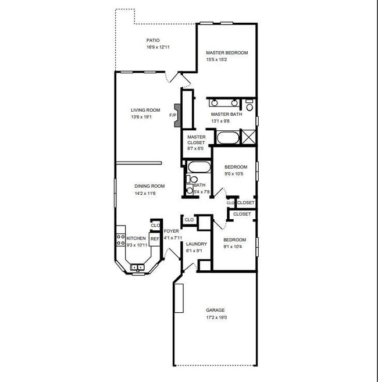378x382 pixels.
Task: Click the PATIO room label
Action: pyautogui.click(x=153, y=41)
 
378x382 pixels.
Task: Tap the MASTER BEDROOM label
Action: pyautogui.click(x=227, y=53)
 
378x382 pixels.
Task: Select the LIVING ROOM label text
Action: pyautogui.click(x=145, y=110)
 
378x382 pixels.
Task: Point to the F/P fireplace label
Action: pyautogui.click(x=173, y=116)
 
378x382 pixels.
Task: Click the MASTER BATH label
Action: pyautogui.click(x=222, y=115)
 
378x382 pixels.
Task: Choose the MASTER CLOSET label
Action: pyautogui.click(x=196, y=140)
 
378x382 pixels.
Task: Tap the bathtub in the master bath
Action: pyautogui.click(x=227, y=138)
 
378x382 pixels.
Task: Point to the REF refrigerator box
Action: pyautogui.click(x=155, y=238)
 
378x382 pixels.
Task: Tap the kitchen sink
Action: pyautogui.click(x=138, y=267)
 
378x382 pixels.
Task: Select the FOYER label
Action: pyautogui.click(x=172, y=231)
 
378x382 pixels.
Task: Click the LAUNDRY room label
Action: pyautogui.click(x=196, y=244)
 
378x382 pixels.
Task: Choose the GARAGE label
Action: pyautogui.click(x=215, y=310)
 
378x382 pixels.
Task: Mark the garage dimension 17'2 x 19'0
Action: pyautogui.click(x=216, y=318)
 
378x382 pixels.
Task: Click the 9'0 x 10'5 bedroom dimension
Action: pyautogui.click(x=236, y=174)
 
